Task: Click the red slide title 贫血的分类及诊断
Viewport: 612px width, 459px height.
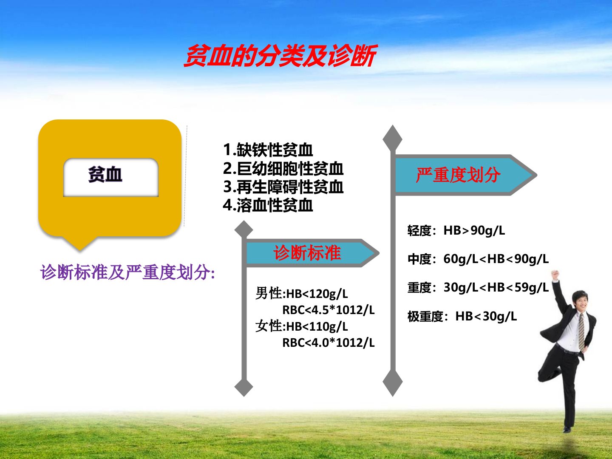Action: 280,56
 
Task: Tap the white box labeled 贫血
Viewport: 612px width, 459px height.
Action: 111,177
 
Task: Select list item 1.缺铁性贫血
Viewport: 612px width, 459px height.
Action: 268,150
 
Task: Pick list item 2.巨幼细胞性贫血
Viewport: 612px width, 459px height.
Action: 283,168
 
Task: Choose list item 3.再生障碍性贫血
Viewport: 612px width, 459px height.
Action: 283,187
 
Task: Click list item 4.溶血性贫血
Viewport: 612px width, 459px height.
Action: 268,205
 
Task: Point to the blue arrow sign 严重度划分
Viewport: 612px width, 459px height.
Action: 465,175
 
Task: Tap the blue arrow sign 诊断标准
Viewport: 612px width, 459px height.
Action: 312,253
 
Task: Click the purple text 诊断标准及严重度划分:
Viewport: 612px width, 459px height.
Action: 127,272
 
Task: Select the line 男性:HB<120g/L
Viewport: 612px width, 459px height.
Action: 302,293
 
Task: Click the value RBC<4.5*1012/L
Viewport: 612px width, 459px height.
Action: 329,310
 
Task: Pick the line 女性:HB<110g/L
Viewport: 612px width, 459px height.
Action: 302,326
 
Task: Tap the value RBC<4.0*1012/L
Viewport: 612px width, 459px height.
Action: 329,343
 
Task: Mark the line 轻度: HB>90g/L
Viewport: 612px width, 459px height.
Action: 456,231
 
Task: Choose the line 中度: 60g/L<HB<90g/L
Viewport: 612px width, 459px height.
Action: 478,259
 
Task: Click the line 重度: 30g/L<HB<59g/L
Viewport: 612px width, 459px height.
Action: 478,288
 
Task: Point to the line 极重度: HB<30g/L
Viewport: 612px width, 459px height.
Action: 462,316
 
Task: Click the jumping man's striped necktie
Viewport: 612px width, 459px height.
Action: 581,331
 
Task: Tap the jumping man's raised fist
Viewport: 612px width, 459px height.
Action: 555,275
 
